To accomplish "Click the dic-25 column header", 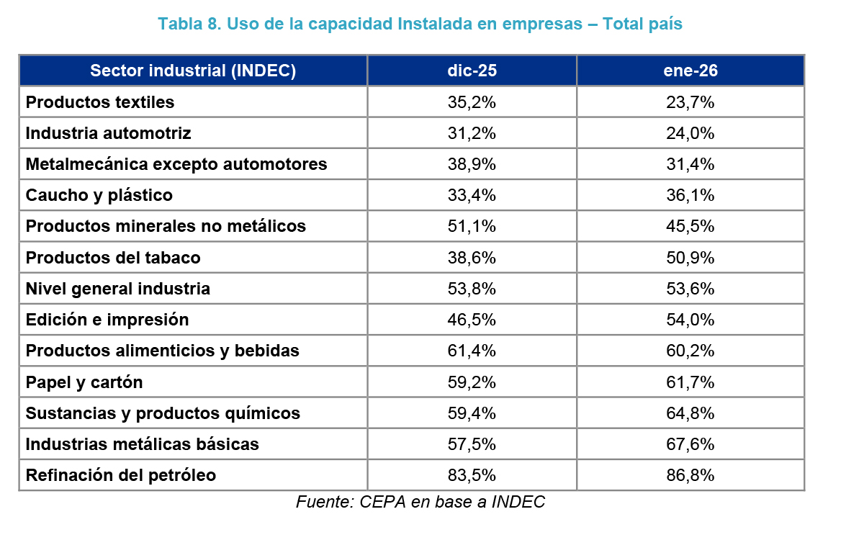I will coord(472,71).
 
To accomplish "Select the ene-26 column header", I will coord(690,71).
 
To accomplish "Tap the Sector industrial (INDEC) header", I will coord(193,71).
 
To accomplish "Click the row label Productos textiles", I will coord(100,102).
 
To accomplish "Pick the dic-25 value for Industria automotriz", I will coord(472,133).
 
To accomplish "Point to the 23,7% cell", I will coord(690,102).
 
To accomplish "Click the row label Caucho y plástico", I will coord(99,195).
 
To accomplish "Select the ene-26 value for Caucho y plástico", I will coord(690,195).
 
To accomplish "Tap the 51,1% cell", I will coord(472,226).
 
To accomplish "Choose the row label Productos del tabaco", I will coord(113,258).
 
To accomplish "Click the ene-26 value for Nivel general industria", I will coord(690,289).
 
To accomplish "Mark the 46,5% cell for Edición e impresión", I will coord(472,320).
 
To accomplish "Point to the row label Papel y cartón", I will coord(84,382).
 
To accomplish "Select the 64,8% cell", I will coord(690,413).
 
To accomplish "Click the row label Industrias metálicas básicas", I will coord(142,444).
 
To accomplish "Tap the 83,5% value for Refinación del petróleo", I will coord(472,475).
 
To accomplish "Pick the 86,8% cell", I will coord(690,475).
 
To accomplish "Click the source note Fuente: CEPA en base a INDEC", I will coord(420,502).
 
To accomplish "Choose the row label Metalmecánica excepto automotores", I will coord(176,164).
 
